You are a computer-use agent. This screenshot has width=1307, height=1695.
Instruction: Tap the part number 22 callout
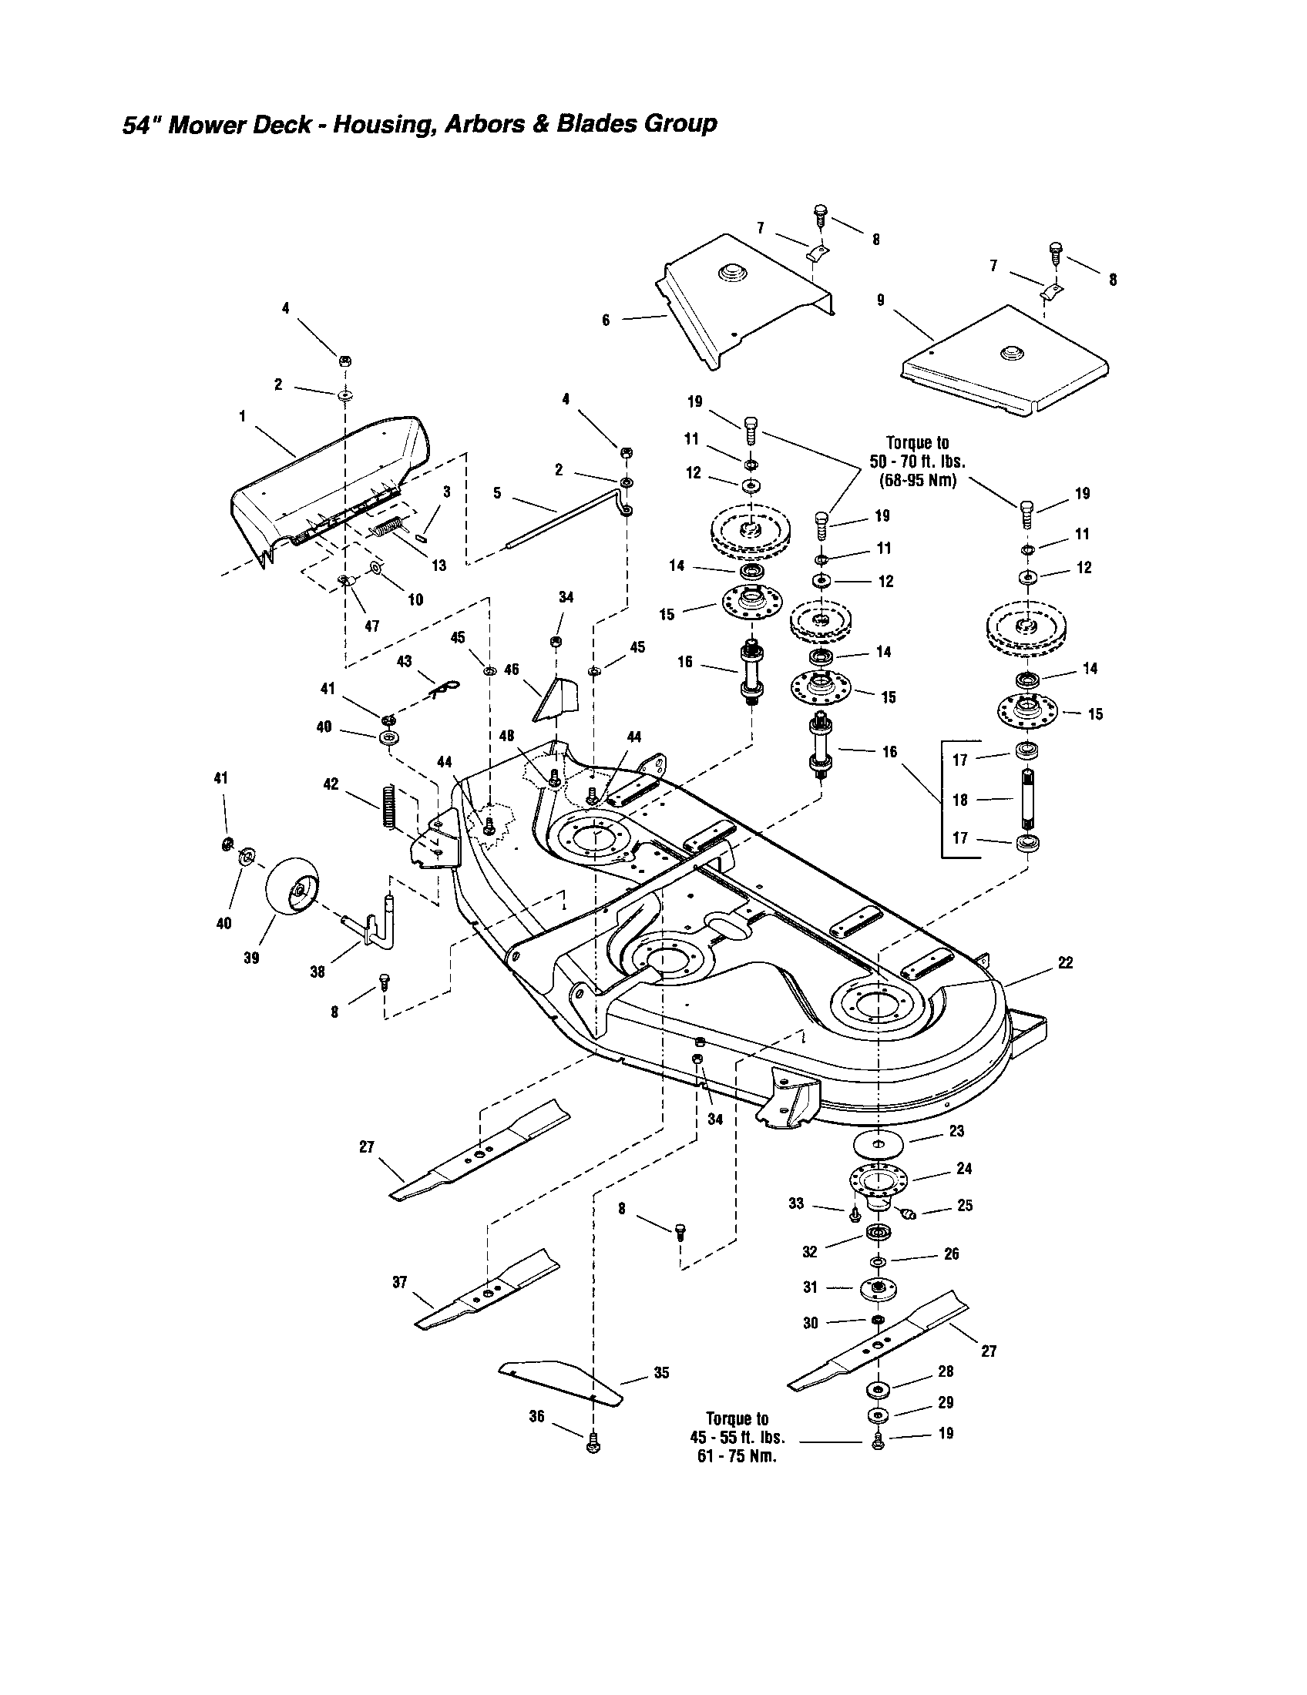coord(1065,962)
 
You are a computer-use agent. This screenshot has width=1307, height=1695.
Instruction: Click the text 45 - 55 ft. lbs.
coord(737,1437)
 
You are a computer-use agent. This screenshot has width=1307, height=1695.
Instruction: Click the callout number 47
coord(371,626)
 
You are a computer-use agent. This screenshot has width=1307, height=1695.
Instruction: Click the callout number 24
coord(964,1168)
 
